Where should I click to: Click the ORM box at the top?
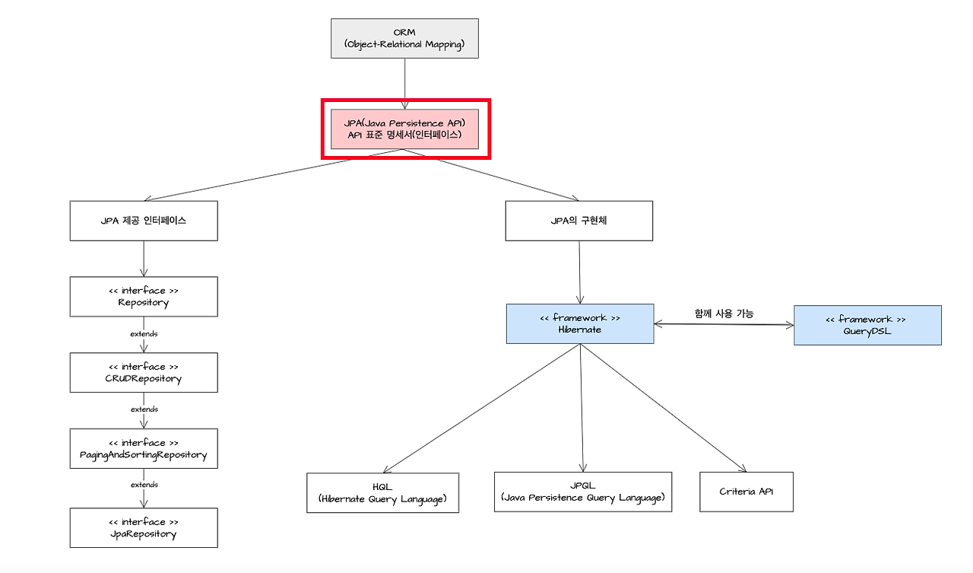(x=404, y=38)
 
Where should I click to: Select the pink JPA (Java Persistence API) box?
(x=404, y=129)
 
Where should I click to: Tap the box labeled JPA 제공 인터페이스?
(x=144, y=221)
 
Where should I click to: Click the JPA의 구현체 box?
(x=578, y=221)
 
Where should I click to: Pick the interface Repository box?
(x=144, y=296)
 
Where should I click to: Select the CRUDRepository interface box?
(x=144, y=372)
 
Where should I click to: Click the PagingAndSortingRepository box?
(x=144, y=448)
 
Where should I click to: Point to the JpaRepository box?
(x=144, y=527)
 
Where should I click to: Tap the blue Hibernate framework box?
(x=580, y=323)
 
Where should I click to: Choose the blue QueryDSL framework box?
(x=867, y=325)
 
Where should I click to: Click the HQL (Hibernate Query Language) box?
(x=382, y=492)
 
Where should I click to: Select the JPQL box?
(x=583, y=491)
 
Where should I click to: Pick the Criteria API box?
(x=746, y=491)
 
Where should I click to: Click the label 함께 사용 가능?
(x=724, y=313)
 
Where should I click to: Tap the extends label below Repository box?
(x=144, y=334)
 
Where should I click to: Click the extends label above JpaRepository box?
(x=144, y=485)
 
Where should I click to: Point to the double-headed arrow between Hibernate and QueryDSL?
(x=724, y=325)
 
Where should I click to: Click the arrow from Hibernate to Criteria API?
(x=661, y=406)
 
